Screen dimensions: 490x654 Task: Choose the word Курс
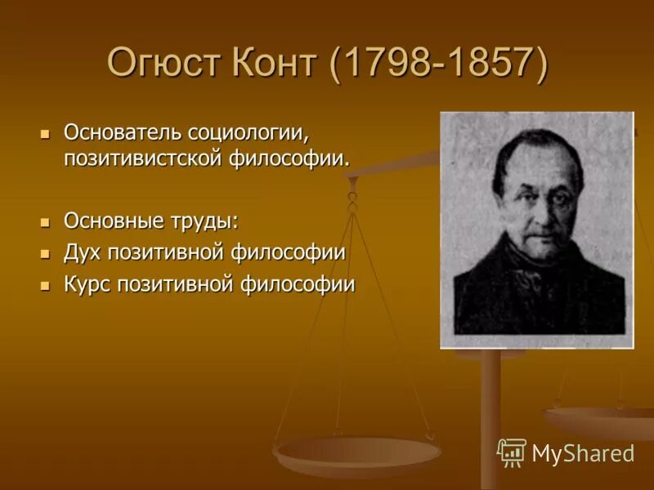(x=88, y=283)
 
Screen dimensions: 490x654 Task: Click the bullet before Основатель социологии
(x=46, y=132)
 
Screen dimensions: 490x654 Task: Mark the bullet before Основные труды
(x=46, y=221)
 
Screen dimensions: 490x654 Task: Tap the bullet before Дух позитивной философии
(x=46, y=252)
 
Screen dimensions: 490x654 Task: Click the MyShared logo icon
(x=512, y=452)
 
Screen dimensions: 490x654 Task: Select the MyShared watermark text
(x=583, y=453)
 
